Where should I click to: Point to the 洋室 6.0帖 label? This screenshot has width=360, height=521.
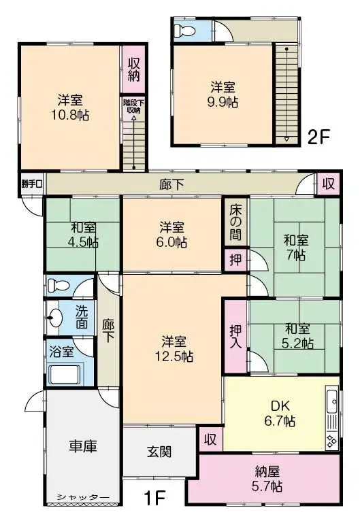(173, 234)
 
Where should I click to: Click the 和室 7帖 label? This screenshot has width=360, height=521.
(295, 247)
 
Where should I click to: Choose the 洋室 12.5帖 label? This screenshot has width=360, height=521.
(174, 348)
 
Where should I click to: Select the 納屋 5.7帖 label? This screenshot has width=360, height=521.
(267, 479)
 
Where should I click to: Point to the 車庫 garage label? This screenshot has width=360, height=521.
(82, 446)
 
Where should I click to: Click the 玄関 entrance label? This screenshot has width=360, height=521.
(159, 451)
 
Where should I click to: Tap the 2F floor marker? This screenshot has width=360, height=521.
(318, 136)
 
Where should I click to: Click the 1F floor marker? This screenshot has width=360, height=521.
(154, 497)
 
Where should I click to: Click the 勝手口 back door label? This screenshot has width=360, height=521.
(31, 184)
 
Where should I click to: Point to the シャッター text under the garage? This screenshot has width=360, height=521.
(83, 497)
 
